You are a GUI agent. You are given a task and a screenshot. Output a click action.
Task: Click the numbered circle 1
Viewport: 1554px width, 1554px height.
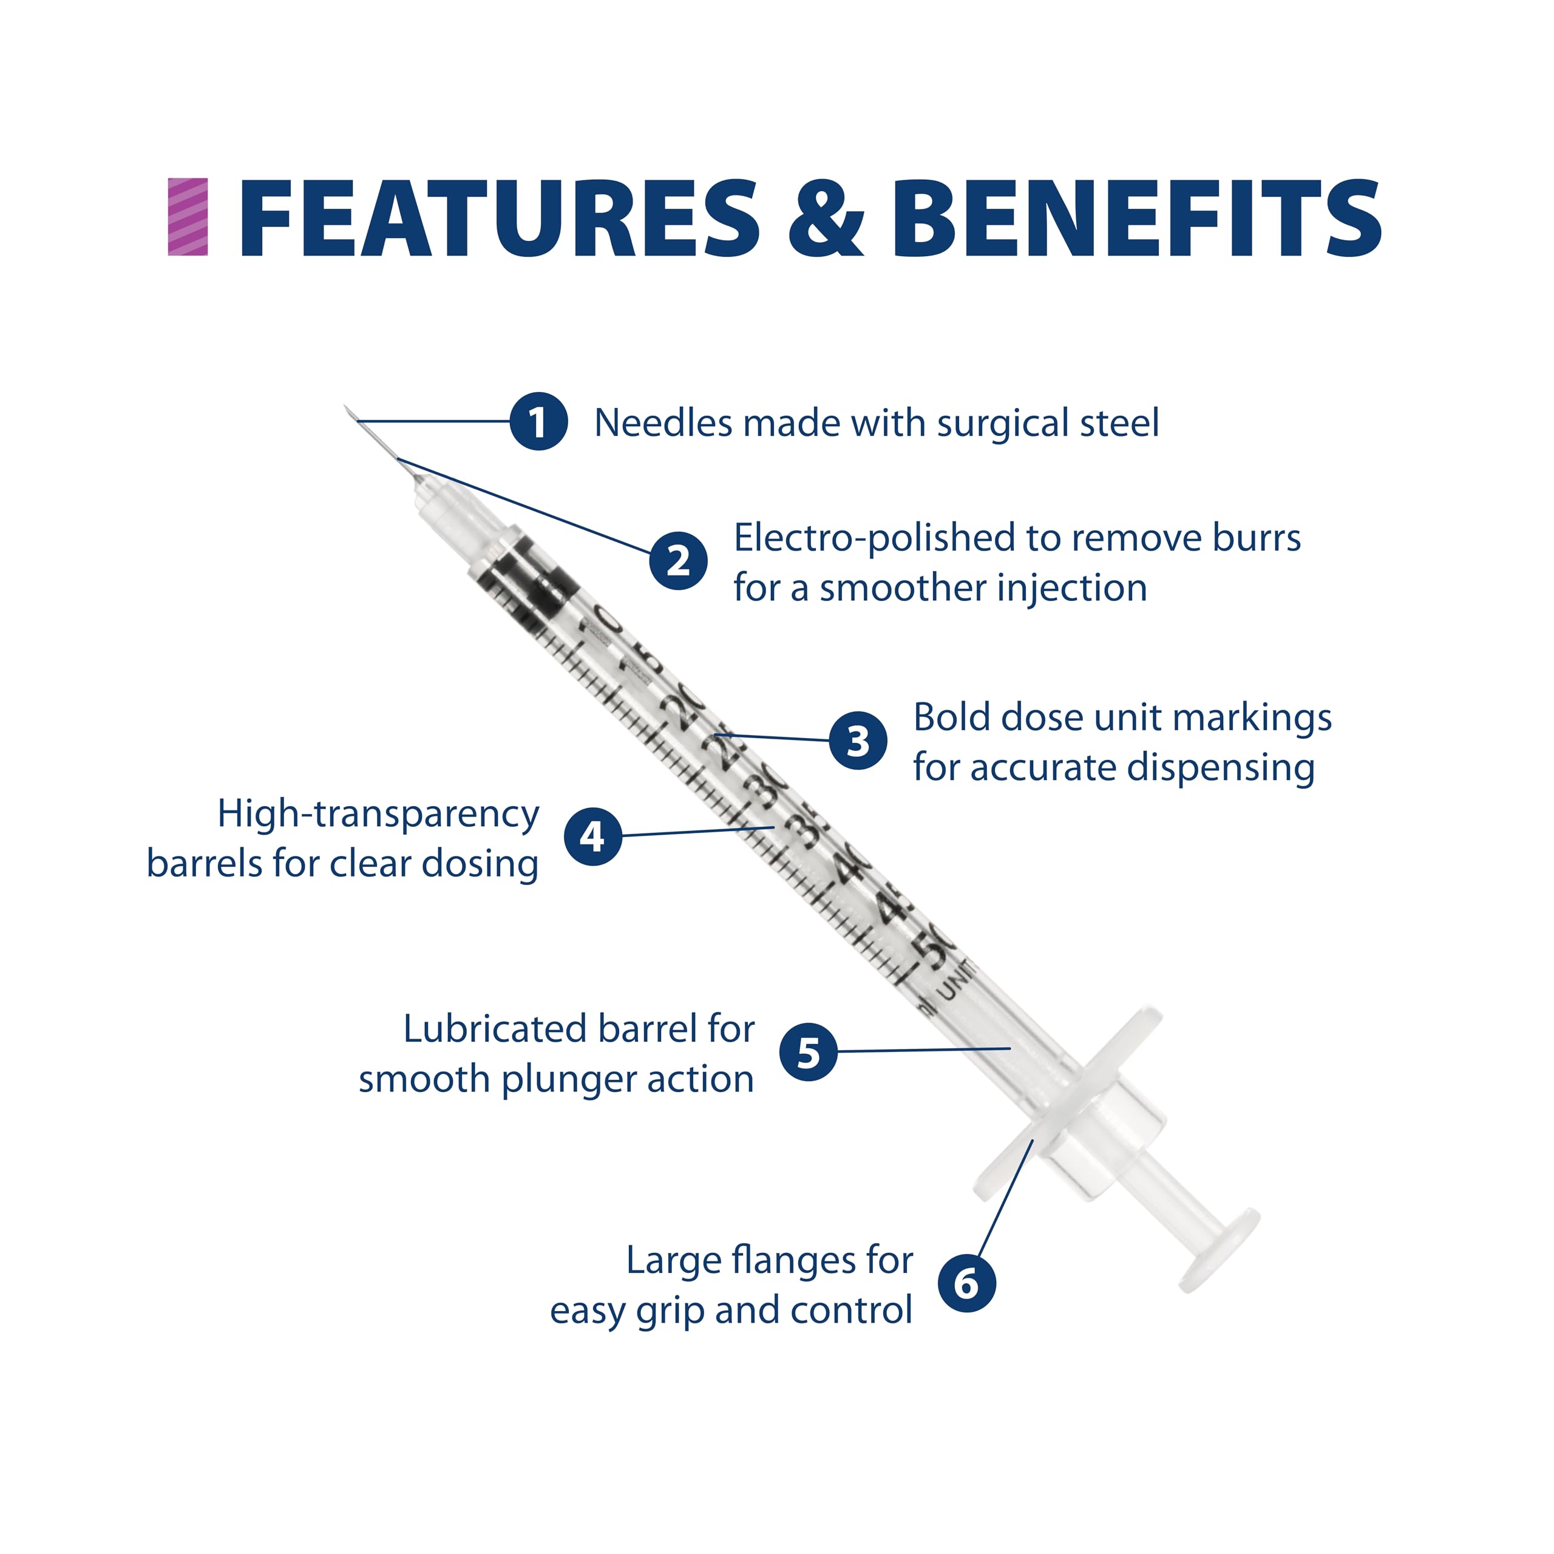(538, 421)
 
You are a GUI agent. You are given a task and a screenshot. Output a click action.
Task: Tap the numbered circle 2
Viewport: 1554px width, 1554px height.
(678, 561)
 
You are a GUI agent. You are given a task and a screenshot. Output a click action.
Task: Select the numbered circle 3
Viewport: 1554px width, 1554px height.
(858, 740)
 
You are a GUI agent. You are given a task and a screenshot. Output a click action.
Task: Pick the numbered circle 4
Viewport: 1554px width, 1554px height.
(593, 836)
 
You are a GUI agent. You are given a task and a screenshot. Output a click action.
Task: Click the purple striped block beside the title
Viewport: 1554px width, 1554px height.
(188, 217)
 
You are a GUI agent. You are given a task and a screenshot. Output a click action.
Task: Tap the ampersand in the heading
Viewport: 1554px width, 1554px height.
(826, 219)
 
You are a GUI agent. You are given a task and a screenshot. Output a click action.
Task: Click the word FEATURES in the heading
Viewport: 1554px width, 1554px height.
(499, 219)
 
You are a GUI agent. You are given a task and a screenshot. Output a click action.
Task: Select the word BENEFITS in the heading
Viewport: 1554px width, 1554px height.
(1136, 219)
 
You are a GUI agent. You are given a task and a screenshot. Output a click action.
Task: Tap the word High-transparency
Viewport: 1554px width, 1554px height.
(378, 815)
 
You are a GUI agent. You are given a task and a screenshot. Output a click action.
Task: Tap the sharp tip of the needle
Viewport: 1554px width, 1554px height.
(347, 408)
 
